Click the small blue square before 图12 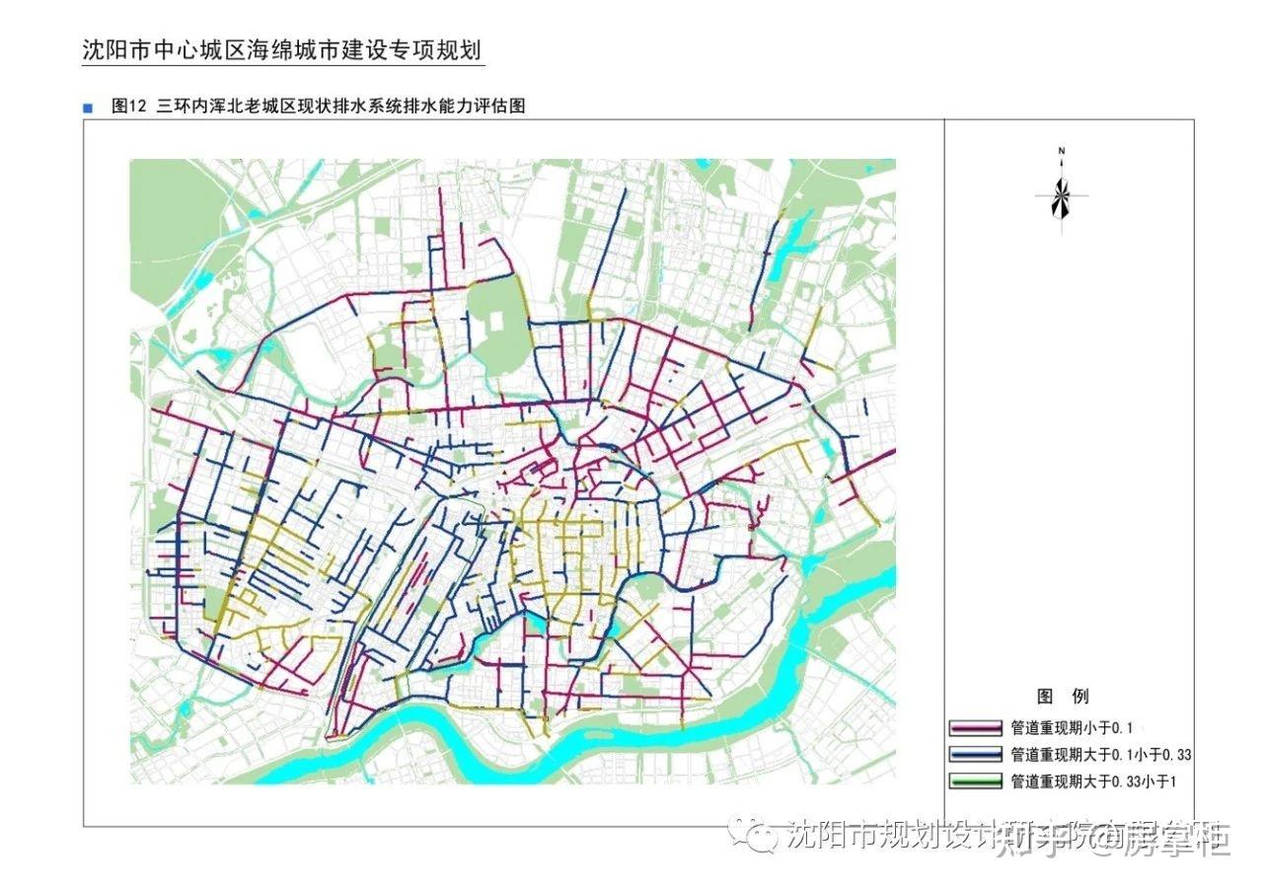click(89, 108)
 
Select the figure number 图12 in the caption click(128, 107)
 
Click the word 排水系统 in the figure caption click(390, 107)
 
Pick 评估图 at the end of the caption click(500, 107)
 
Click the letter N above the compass click(1062, 151)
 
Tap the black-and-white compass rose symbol click(1062, 196)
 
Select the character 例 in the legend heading click(1080, 697)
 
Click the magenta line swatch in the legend click(975, 728)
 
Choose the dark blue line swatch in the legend click(975, 755)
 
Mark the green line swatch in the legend click(975, 781)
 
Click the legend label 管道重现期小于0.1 click(1070, 728)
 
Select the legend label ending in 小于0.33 click(1101, 755)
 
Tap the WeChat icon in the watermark click(762, 838)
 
